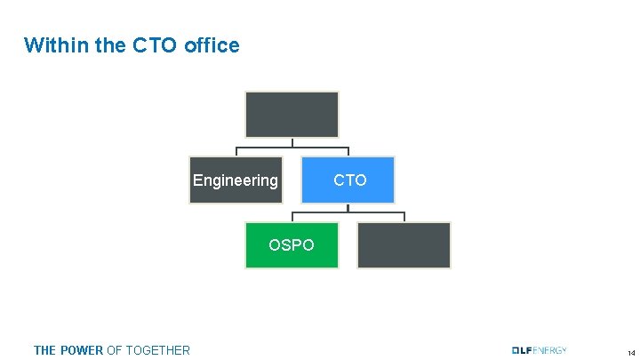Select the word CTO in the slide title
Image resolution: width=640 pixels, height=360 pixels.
click(x=156, y=45)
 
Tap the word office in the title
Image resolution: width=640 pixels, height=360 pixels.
click(x=212, y=45)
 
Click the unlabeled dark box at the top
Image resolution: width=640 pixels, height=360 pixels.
click(x=292, y=114)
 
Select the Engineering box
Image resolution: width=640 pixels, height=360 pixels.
click(x=236, y=180)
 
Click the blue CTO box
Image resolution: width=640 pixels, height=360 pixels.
click(x=348, y=180)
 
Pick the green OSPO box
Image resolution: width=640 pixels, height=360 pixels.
click(x=292, y=244)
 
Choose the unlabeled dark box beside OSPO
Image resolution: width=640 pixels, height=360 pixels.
click(x=404, y=244)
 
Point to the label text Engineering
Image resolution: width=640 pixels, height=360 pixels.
click(x=236, y=180)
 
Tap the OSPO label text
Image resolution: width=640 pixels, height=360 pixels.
click(x=292, y=244)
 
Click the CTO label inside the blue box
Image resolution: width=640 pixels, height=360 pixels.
click(x=349, y=180)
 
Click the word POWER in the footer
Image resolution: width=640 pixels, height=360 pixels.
click(x=81, y=350)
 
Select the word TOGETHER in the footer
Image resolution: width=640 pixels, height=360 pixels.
click(x=157, y=350)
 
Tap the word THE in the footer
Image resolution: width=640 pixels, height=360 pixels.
click(x=44, y=350)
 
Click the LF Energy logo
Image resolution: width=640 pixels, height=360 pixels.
click(x=539, y=349)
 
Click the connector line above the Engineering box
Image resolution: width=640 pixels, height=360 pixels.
click(x=236, y=150)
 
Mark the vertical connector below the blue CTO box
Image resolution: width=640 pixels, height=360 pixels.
click(x=348, y=208)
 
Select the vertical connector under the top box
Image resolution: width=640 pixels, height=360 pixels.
click(x=292, y=141)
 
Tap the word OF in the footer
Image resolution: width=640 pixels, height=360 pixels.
click(x=114, y=350)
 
